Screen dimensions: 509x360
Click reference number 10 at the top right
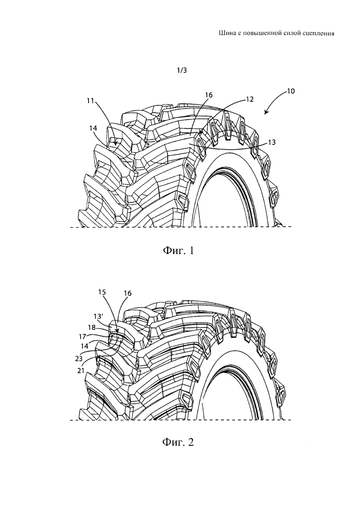[290, 92]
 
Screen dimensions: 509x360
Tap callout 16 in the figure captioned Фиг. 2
[127, 294]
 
